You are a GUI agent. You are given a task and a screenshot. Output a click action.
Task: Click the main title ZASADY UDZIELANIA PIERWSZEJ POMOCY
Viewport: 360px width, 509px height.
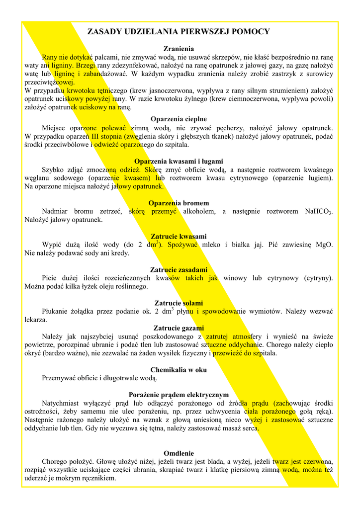179,32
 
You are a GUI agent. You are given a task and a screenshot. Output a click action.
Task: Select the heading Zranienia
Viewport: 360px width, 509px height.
179,49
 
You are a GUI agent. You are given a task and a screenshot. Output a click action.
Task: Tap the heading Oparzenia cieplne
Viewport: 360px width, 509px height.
179,119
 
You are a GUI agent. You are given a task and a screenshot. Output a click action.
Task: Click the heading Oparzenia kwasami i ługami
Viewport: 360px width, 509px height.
179,161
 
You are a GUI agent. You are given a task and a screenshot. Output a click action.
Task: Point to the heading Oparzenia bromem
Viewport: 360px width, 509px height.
179,203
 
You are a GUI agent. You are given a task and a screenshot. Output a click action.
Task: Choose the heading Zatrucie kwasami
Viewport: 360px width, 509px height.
179,236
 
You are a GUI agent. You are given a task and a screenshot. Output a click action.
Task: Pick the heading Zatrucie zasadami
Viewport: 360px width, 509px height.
179,270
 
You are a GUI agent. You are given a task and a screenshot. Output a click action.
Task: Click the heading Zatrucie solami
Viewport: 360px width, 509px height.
179,303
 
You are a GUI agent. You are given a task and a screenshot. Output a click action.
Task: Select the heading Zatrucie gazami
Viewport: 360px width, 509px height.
179,328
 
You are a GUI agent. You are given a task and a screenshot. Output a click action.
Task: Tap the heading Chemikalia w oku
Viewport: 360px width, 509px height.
179,370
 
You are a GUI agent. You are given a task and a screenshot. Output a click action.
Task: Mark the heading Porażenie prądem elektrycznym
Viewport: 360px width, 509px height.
179,395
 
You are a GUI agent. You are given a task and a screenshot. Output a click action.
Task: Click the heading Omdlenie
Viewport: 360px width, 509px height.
179,453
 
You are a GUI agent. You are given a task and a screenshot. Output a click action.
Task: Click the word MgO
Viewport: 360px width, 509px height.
324,245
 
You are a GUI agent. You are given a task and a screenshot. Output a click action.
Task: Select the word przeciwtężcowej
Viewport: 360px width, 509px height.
49,83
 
